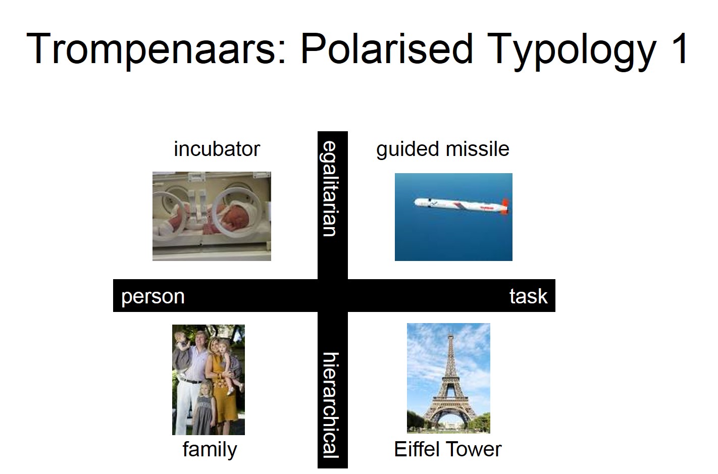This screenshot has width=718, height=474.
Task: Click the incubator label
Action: (217, 149)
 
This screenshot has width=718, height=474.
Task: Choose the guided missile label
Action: (443, 150)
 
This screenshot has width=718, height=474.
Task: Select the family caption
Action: (210, 450)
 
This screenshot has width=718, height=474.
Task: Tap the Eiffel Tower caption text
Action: (448, 449)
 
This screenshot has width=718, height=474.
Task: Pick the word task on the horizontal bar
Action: (528, 296)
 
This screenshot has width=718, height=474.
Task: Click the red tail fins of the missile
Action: (504, 206)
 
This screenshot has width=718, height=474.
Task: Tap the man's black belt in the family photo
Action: (190, 381)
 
